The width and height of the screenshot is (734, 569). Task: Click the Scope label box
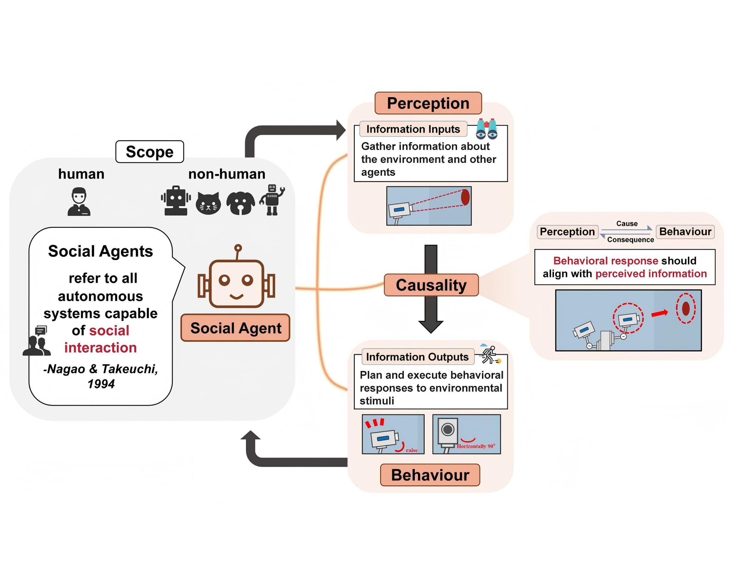pos(150,152)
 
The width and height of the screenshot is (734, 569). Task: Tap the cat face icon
pos(208,203)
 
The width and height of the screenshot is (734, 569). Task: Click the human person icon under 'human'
pos(79,202)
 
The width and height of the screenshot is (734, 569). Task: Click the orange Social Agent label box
pos(235,328)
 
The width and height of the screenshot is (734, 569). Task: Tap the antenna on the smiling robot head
pos(238,249)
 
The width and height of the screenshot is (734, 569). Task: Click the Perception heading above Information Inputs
pos(428,103)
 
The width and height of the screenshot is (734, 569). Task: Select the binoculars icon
pos(487,129)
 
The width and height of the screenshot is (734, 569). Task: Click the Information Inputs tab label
pos(413,129)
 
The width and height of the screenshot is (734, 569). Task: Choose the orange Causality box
pos(431,285)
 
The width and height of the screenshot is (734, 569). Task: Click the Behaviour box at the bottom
pos(430,475)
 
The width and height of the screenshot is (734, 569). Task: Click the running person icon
pos(490,355)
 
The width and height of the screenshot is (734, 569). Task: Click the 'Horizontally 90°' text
pos(476,446)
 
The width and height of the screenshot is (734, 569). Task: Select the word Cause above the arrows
pos(627,224)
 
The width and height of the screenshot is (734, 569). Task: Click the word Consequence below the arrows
pos(631,240)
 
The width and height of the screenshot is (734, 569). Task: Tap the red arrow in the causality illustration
pos(660,313)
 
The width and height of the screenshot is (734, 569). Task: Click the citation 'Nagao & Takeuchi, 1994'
pos(101,376)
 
